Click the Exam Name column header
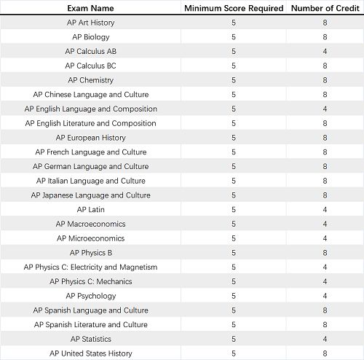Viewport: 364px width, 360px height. [x=90, y=7]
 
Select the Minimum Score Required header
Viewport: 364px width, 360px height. [x=233, y=7]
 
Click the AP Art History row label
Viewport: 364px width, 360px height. [x=90, y=23]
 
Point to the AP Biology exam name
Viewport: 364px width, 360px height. [x=90, y=37]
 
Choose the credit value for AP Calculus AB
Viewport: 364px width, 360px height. [x=324, y=52]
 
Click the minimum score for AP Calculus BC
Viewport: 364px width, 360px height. [x=234, y=66]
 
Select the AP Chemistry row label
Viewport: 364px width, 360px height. [x=90, y=80]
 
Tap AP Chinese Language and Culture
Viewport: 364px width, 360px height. [x=90, y=95]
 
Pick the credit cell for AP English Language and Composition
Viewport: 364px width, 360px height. [x=324, y=109]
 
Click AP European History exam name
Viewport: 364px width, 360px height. [x=90, y=138]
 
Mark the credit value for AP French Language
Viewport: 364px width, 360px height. [x=324, y=152]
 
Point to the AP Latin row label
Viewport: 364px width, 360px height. [x=90, y=210]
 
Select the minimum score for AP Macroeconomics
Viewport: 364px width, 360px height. [x=234, y=224]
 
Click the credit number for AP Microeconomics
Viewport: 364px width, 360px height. [x=324, y=238]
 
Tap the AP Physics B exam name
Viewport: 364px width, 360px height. [x=90, y=253]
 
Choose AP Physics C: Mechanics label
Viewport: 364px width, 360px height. [x=90, y=281]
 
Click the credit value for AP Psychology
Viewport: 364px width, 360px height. [x=324, y=296]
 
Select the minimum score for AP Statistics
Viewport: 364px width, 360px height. [x=234, y=339]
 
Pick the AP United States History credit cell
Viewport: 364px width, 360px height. [x=324, y=353]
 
